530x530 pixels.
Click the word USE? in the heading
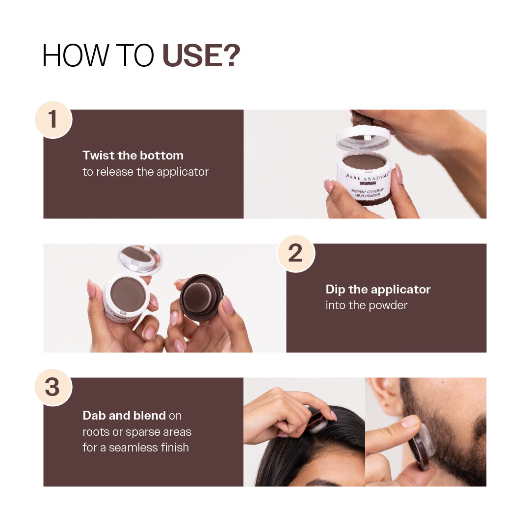(x=201, y=55)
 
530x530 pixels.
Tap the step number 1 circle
(x=53, y=119)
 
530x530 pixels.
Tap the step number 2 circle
(x=295, y=253)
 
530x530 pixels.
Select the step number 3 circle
(x=53, y=387)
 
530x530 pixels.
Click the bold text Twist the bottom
(x=133, y=156)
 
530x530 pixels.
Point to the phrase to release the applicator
(x=145, y=172)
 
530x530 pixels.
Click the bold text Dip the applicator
(x=378, y=290)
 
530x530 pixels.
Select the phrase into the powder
(x=366, y=305)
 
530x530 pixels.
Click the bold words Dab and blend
(x=124, y=416)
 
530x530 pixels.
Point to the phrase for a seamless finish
(x=135, y=448)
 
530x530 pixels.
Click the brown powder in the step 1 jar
(x=364, y=161)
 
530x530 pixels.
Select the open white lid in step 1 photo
(x=363, y=138)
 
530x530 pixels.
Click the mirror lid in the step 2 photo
(x=140, y=258)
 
